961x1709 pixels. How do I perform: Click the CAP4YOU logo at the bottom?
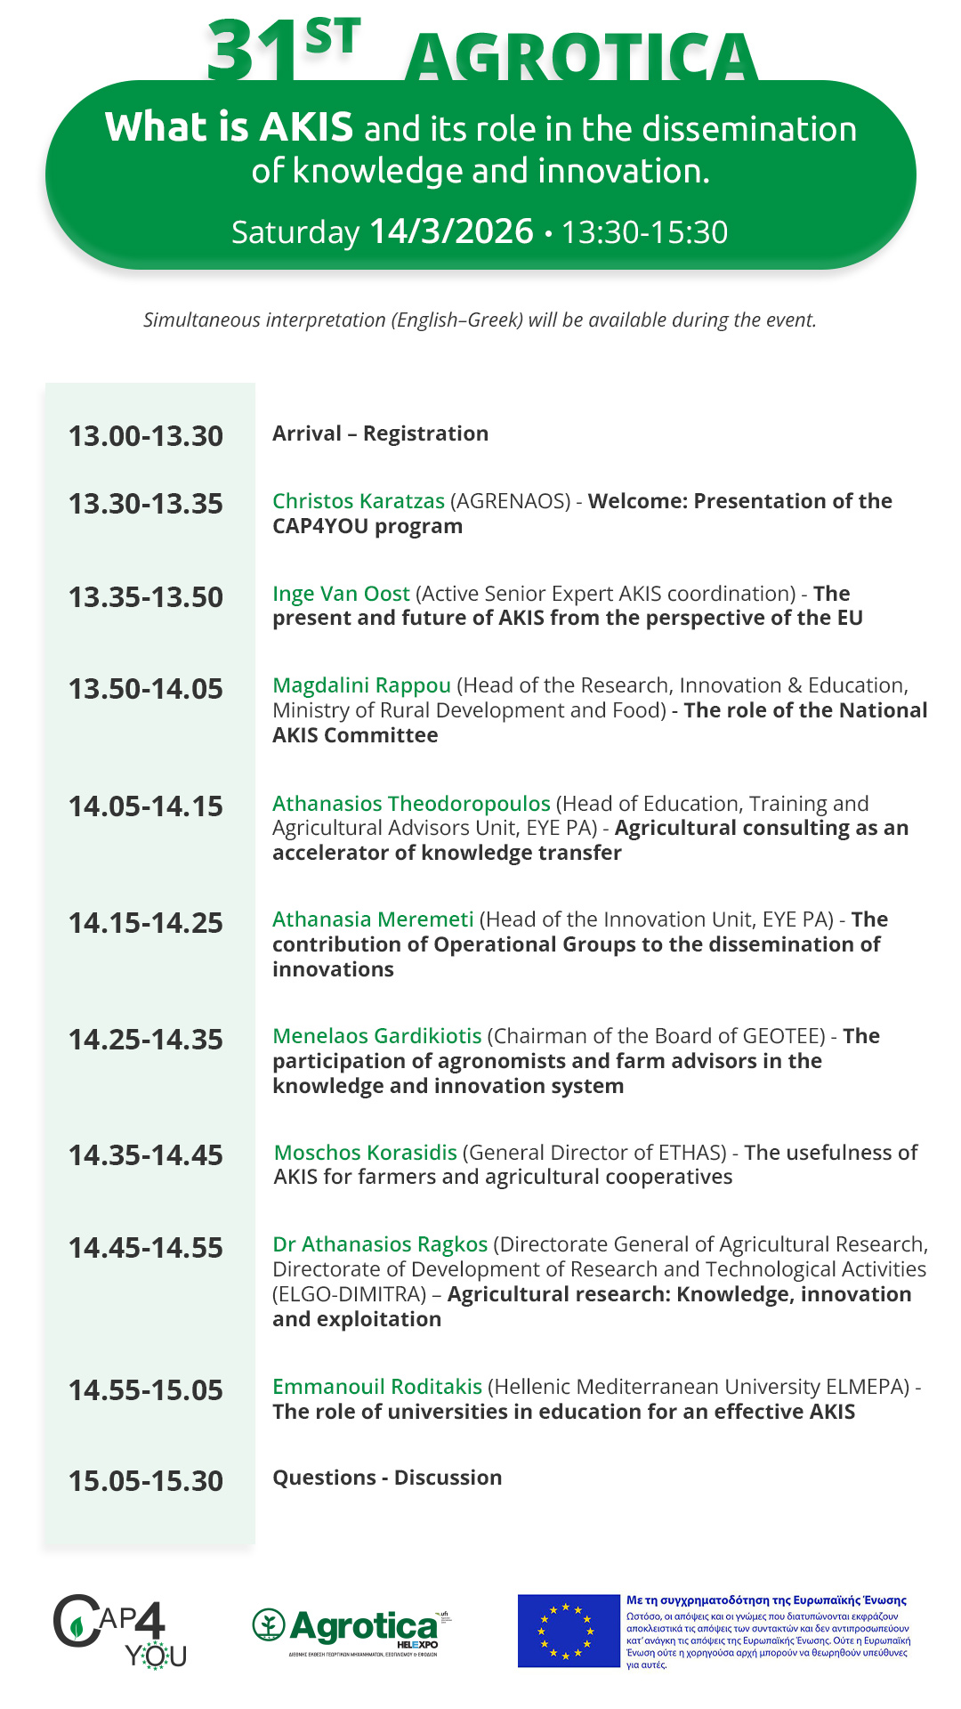click(x=120, y=1631)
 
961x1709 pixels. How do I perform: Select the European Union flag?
click(x=568, y=1631)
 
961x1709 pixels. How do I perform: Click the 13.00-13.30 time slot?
click(x=146, y=436)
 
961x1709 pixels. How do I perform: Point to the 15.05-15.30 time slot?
click(x=146, y=1481)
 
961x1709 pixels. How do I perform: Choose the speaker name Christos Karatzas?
click(x=358, y=501)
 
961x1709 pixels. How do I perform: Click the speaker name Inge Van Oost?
click(x=341, y=594)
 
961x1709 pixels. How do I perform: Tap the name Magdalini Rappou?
click(x=361, y=685)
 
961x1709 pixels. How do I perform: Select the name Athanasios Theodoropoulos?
click(x=411, y=804)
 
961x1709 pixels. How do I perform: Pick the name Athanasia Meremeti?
click(x=373, y=919)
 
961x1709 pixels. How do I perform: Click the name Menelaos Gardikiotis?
click(x=376, y=1036)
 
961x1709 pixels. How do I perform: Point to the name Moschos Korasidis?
click(x=365, y=1153)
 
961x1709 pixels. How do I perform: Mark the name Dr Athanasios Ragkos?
click(x=380, y=1244)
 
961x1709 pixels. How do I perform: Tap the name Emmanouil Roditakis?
click(x=376, y=1387)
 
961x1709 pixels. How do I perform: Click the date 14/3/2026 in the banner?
click(x=451, y=231)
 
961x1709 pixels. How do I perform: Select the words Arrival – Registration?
click(x=380, y=433)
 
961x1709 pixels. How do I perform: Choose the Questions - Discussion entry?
click(x=387, y=1478)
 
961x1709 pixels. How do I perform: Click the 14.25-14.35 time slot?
click(x=146, y=1040)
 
